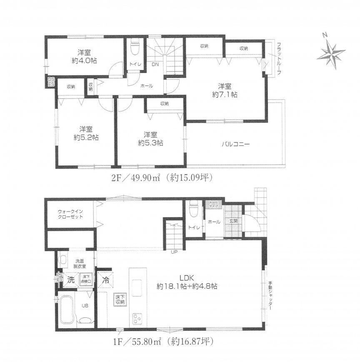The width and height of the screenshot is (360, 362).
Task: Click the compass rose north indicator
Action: pos(332,53)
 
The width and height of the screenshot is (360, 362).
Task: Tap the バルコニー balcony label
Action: pos(235,145)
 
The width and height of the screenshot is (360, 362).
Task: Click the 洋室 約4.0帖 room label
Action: pos(85,56)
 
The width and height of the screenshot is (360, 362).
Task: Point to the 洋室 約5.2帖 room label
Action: pos(86,133)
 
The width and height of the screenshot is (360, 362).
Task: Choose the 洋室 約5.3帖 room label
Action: pos(150,138)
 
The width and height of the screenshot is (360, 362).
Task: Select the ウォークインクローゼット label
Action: pos(70,214)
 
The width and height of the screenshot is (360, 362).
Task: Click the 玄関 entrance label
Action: pos(233,221)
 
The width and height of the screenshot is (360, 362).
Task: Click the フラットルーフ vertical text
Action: pos(278,58)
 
